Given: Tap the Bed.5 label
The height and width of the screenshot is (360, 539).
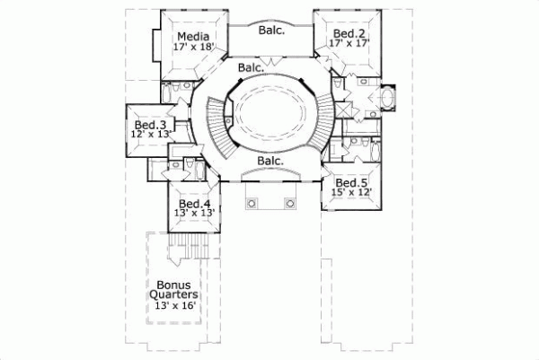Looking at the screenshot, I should (x=350, y=180).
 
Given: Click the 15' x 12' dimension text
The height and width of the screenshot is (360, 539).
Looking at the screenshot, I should (x=350, y=191).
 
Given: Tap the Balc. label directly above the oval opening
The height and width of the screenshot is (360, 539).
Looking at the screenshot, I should (x=252, y=67).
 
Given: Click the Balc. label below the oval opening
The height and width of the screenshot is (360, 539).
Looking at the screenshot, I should (x=270, y=161).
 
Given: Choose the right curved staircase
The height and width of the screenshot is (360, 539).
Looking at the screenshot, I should (x=324, y=126).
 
